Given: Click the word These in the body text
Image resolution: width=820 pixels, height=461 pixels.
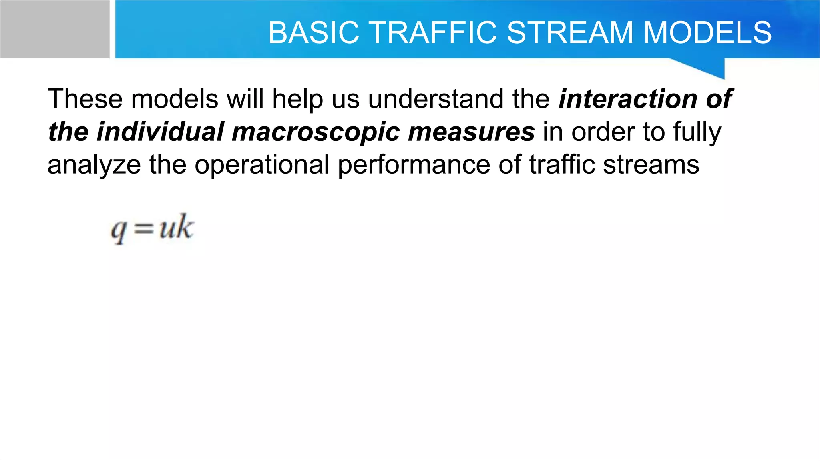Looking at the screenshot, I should point(85,99).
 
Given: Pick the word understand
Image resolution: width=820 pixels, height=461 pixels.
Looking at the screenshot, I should point(436,99).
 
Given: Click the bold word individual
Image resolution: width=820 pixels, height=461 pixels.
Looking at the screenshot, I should point(160,132).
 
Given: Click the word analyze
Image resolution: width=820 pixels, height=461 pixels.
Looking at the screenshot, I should point(94,165).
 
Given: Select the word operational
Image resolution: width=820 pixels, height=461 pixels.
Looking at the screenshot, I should point(262,165).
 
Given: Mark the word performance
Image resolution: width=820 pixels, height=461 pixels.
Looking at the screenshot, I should point(414,165).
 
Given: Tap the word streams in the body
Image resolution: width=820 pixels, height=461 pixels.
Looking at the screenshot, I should point(651,164).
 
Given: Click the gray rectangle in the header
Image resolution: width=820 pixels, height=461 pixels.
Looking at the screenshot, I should point(54,29).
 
